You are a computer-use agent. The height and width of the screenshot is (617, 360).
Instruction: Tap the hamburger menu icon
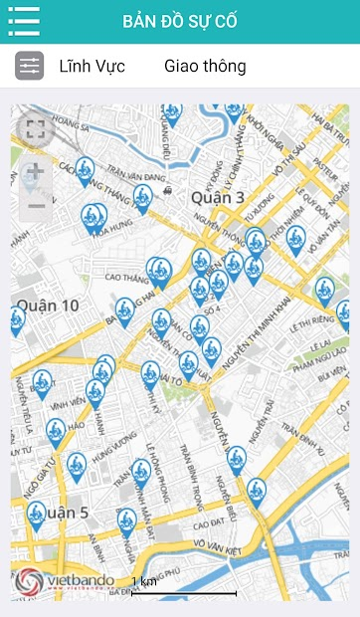[x=23, y=21]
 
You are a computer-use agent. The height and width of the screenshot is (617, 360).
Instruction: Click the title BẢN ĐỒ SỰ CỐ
[x=180, y=21]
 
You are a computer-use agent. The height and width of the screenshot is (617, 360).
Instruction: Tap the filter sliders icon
[x=29, y=67]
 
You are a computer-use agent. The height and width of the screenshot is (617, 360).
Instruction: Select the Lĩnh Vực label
[x=91, y=67]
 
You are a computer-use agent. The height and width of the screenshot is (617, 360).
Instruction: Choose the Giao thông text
[x=205, y=67]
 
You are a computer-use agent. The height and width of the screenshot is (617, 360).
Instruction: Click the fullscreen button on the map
[x=36, y=128]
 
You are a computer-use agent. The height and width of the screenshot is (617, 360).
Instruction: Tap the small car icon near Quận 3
[x=166, y=188]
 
